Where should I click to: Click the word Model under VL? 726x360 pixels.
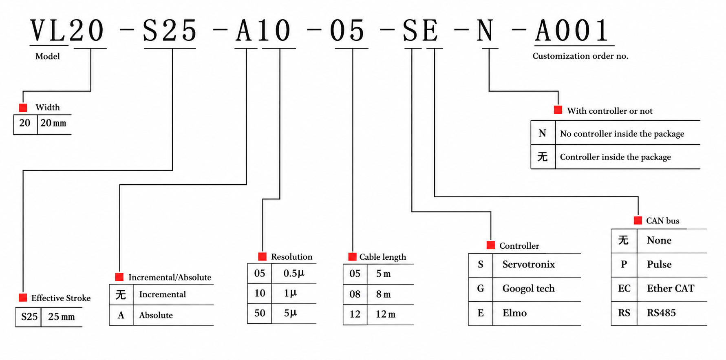tap(47, 56)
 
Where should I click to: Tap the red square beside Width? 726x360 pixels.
tap(23, 108)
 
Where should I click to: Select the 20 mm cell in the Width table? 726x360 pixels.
tap(53, 123)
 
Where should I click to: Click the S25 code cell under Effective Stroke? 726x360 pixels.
tap(29, 317)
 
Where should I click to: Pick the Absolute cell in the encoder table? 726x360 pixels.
tap(156, 315)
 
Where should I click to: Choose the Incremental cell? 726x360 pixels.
tap(162, 294)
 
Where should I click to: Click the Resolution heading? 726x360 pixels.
tap(291, 257)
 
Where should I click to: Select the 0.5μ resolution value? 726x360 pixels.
tap(293, 273)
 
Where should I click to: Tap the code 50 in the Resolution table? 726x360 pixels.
tap(260, 313)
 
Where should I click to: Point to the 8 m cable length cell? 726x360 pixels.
tap(383, 294)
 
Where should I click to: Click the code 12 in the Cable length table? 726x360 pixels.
tap(355, 314)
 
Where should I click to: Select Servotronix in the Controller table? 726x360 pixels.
tap(528, 265)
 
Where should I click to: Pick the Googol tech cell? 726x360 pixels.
tap(528, 289)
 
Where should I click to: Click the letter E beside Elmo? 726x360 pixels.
tap(481, 313)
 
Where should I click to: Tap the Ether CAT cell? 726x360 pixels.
tap(670, 289)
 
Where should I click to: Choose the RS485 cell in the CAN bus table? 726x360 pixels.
tap(661, 313)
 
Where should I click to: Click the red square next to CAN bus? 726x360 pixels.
tap(638, 221)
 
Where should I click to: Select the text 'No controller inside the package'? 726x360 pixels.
tap(622, 134)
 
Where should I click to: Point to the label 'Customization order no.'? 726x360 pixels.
tap(580, 56)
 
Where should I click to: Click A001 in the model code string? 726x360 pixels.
tap(572, 31)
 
